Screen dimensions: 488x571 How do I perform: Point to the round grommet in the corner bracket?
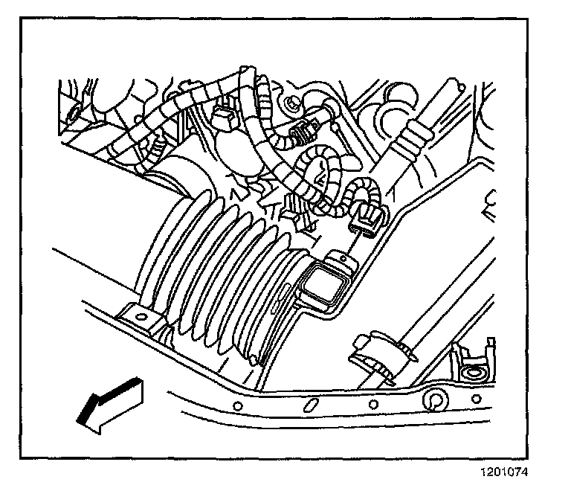(472, 370)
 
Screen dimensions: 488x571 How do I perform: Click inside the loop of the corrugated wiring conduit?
(316, 177)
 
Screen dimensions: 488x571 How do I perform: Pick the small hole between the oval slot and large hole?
(370, 405)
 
